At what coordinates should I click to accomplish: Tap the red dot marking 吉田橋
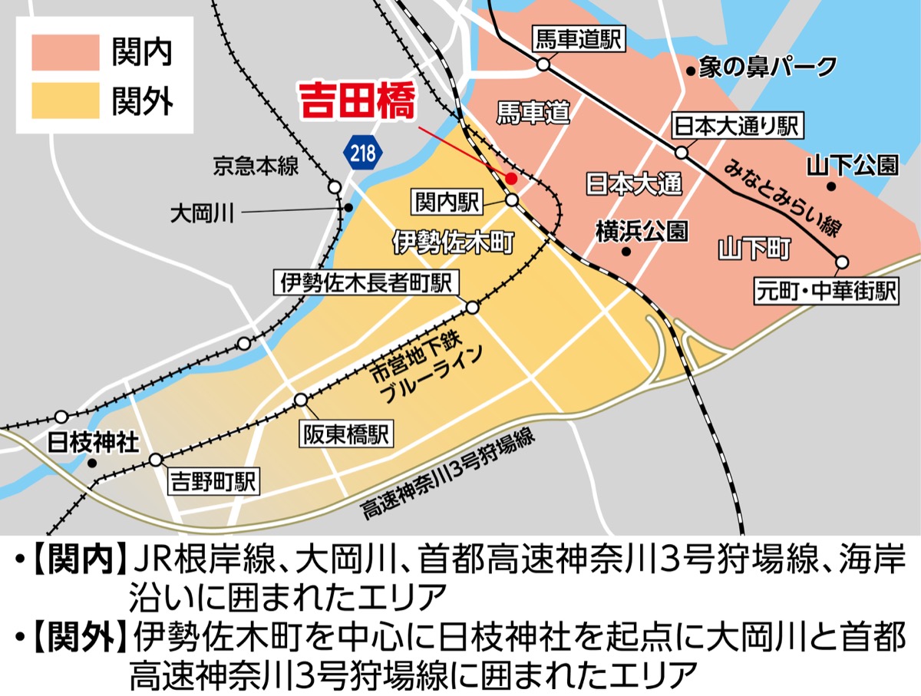click(511, 178)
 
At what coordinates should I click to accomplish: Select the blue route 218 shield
click(362, 152)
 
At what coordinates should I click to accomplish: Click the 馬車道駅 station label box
click(579, 39)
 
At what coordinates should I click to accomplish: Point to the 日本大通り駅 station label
click(736, 127)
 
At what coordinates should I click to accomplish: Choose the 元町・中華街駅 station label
click(826, 292)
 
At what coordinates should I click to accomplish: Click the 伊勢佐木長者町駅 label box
click(366, 282)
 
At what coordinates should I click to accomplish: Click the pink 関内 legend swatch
click(66, 54)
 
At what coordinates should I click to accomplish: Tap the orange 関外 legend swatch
click(66, 101)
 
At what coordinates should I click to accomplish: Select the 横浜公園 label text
click(642, 232)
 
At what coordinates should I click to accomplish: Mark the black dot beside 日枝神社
click(92, 463)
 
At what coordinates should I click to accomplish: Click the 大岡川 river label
click(201, 212)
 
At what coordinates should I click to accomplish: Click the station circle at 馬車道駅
click(543, 65)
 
